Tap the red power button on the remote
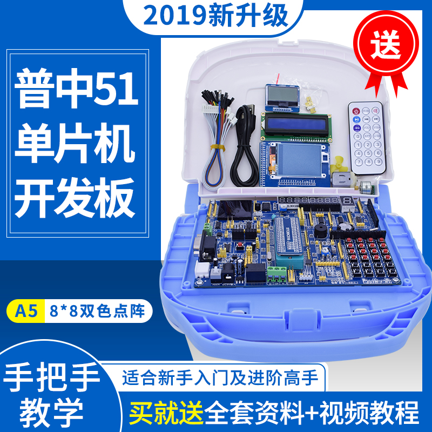click(356, 112)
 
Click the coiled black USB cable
click(246, 146)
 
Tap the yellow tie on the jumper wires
click(214, 146)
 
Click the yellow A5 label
click(23, 312)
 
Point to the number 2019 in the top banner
click(174, 16)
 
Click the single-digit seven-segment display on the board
click(345, 204)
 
